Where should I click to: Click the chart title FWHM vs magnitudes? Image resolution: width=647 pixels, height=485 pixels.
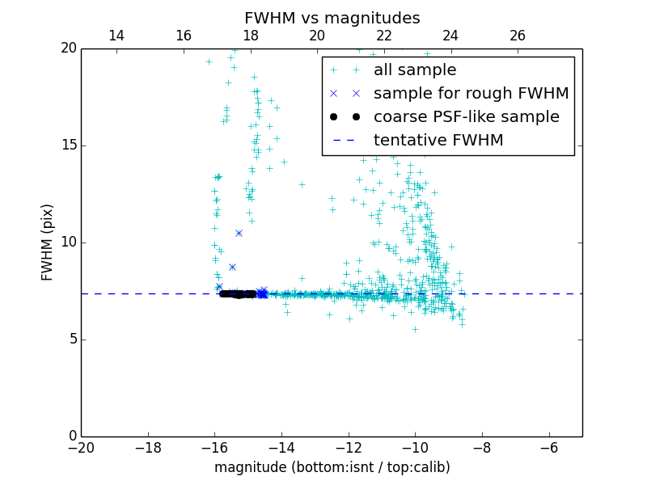tap(332, 18)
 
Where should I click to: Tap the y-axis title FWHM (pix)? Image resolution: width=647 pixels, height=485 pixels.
tap(49, 242)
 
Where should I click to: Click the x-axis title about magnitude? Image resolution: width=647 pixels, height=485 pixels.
tap(332, 467)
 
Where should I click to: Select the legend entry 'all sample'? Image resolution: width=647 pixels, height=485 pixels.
tap(414, 70)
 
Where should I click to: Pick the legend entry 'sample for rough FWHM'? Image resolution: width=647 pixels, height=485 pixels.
tap(471, 94)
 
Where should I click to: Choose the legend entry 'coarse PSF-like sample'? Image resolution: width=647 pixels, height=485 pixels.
tap(466, 117)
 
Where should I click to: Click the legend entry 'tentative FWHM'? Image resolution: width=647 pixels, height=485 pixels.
tap(438, 141)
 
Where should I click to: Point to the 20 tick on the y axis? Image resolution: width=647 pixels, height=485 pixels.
tap(67, 48)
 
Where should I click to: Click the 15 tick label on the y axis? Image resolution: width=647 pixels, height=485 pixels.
tap(67, 145)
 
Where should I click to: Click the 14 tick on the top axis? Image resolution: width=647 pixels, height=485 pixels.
tap(116, 36)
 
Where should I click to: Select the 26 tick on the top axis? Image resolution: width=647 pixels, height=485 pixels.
tap(518, 36)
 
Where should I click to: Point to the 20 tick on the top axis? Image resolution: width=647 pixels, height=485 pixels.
tap(317, 36)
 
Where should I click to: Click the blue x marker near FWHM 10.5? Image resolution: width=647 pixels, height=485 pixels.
tap(239, 233)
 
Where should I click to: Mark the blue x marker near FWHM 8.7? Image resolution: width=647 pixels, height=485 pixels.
tap(232, 267)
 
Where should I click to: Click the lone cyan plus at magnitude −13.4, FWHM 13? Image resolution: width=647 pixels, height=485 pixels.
tap(302, 184)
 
